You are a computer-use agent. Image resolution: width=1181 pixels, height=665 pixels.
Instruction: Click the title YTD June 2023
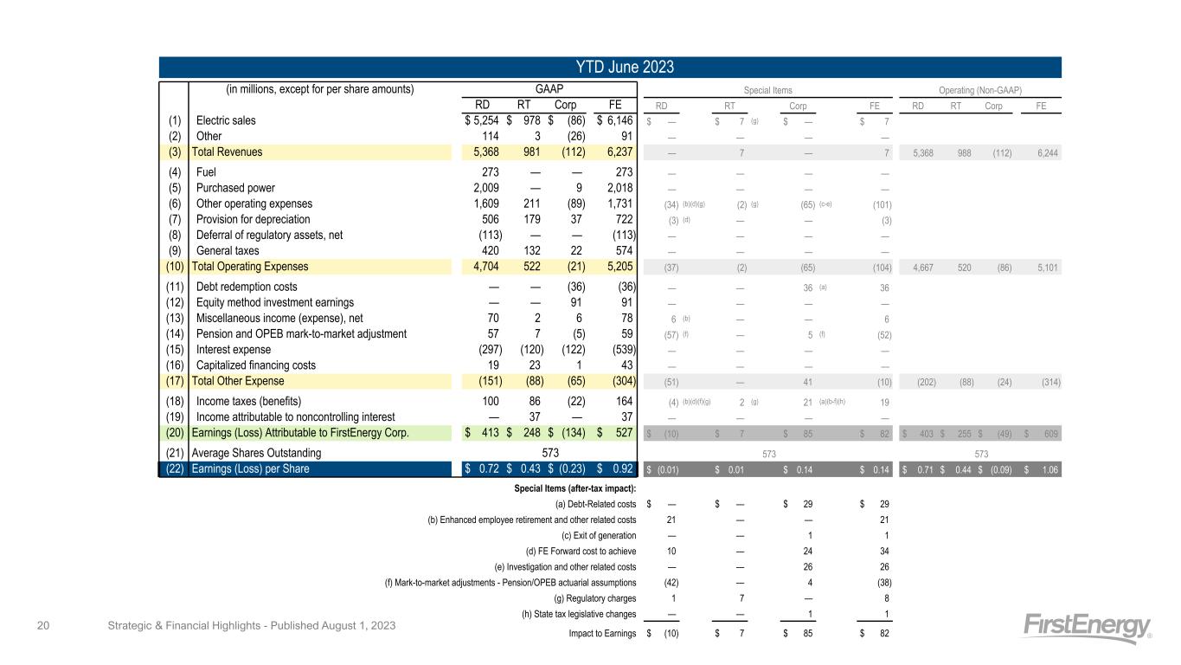[610, 68]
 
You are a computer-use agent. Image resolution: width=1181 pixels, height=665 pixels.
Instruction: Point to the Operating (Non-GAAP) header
[980, 89]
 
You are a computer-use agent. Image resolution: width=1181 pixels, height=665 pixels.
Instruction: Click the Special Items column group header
[768, 89]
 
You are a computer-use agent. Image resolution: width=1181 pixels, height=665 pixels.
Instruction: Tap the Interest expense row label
[234, 350]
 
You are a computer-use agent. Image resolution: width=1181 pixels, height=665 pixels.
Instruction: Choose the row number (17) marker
[173, 383]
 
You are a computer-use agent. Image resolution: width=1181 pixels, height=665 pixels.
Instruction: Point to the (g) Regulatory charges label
[594, 597]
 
